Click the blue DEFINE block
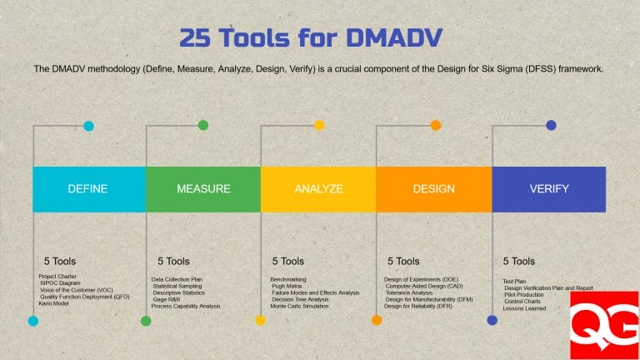(x=88, y=189)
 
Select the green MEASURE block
(x=203, y=189)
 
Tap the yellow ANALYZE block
(x=318, y=189)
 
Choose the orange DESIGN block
(x=434, y=189)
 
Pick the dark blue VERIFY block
(x=549, y=189)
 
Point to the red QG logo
(x=603, y=325)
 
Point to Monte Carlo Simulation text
(x=299, y=306)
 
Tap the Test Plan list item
(x=515, y=282)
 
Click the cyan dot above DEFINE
(x=88, y=126)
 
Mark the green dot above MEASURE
(x=203, y=126)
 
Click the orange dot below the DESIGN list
(x=377, y=320)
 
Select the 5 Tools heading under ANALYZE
(x=287, y=261)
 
